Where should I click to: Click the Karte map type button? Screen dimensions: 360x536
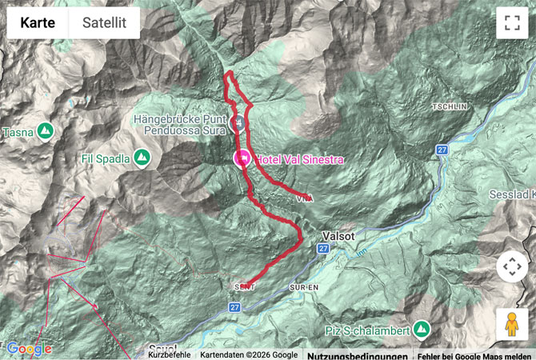coord(38,23)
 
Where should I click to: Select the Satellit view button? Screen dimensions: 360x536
coord(104,23)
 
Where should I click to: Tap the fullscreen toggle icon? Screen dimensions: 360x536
coord(512,23)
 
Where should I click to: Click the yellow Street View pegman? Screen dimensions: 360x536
coord(512,323)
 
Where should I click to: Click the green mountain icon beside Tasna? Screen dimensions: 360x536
coord(45,130)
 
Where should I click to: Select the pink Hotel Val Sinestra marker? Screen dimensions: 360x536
coord(241,158)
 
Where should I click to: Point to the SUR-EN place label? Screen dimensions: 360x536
coord(304,286)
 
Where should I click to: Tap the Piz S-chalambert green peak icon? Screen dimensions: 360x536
coord(422,330)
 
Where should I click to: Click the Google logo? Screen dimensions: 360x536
coord(29,349)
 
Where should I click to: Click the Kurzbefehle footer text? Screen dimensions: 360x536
coord(169,354)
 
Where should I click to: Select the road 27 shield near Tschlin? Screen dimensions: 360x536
coord(442,150)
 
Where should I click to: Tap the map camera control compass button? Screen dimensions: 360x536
coord(512,266)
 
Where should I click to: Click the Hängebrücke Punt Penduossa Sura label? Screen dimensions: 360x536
coord(181,124)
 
